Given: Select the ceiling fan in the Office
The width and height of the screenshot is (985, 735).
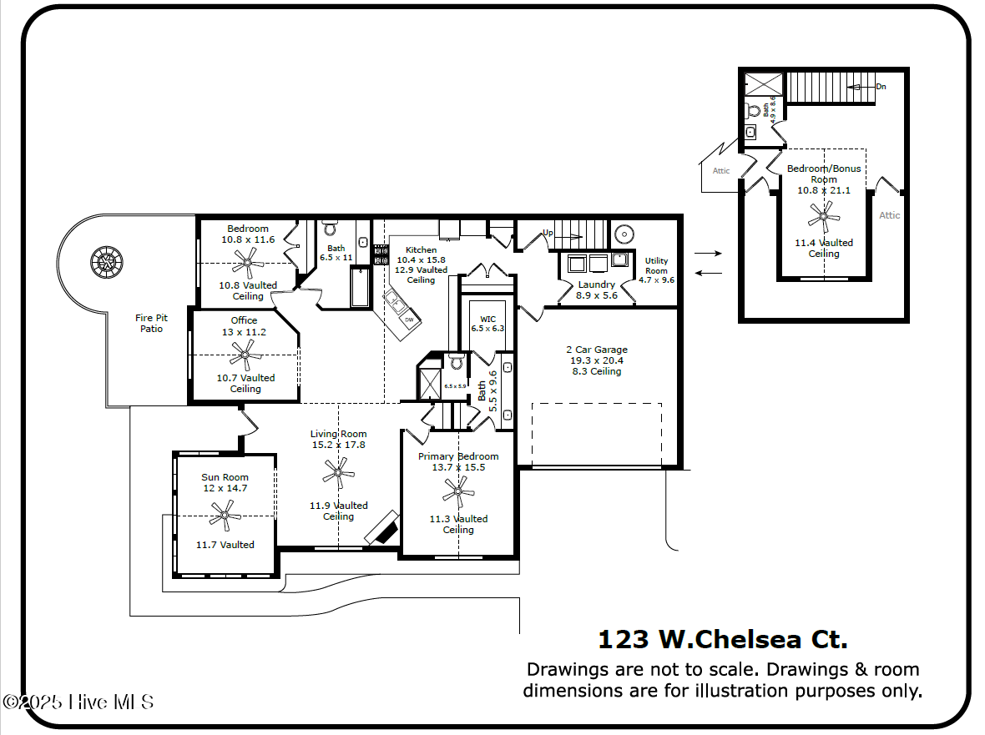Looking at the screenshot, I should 245,355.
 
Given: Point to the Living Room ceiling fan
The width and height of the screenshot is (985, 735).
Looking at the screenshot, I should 338,476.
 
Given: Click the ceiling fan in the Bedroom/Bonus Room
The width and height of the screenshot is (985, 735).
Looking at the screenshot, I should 824,219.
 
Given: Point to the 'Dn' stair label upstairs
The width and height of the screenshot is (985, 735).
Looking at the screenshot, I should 881,87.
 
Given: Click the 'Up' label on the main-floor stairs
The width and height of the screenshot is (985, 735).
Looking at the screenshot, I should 548,233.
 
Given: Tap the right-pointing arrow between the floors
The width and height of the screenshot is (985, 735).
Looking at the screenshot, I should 707,252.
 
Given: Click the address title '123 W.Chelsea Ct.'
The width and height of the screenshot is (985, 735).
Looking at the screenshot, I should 722,639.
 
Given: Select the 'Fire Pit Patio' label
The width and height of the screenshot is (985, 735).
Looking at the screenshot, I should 152,323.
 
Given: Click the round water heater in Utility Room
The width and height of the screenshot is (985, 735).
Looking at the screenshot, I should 623,234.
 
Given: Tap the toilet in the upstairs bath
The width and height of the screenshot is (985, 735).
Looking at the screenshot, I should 754,110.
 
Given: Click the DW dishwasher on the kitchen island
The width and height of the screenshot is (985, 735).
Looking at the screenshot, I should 408,320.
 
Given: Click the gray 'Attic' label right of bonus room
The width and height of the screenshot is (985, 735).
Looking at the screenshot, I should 889,215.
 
